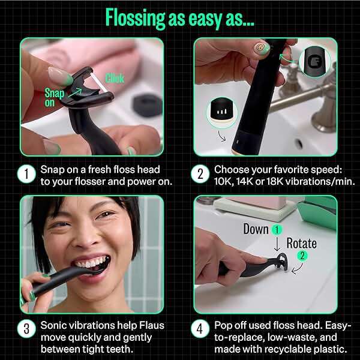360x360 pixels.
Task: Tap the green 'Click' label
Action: (x=115, y=78)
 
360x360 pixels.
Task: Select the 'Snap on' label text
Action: (x=53, y=97)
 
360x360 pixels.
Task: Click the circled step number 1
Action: (x=25, y=175)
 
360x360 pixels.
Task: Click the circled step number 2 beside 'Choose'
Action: (x=199, y=175)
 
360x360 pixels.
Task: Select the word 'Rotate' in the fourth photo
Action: (x=302, y=243)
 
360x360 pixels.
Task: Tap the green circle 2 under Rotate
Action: (x=302, y=256)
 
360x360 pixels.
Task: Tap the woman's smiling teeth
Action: (x=95, y=262)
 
